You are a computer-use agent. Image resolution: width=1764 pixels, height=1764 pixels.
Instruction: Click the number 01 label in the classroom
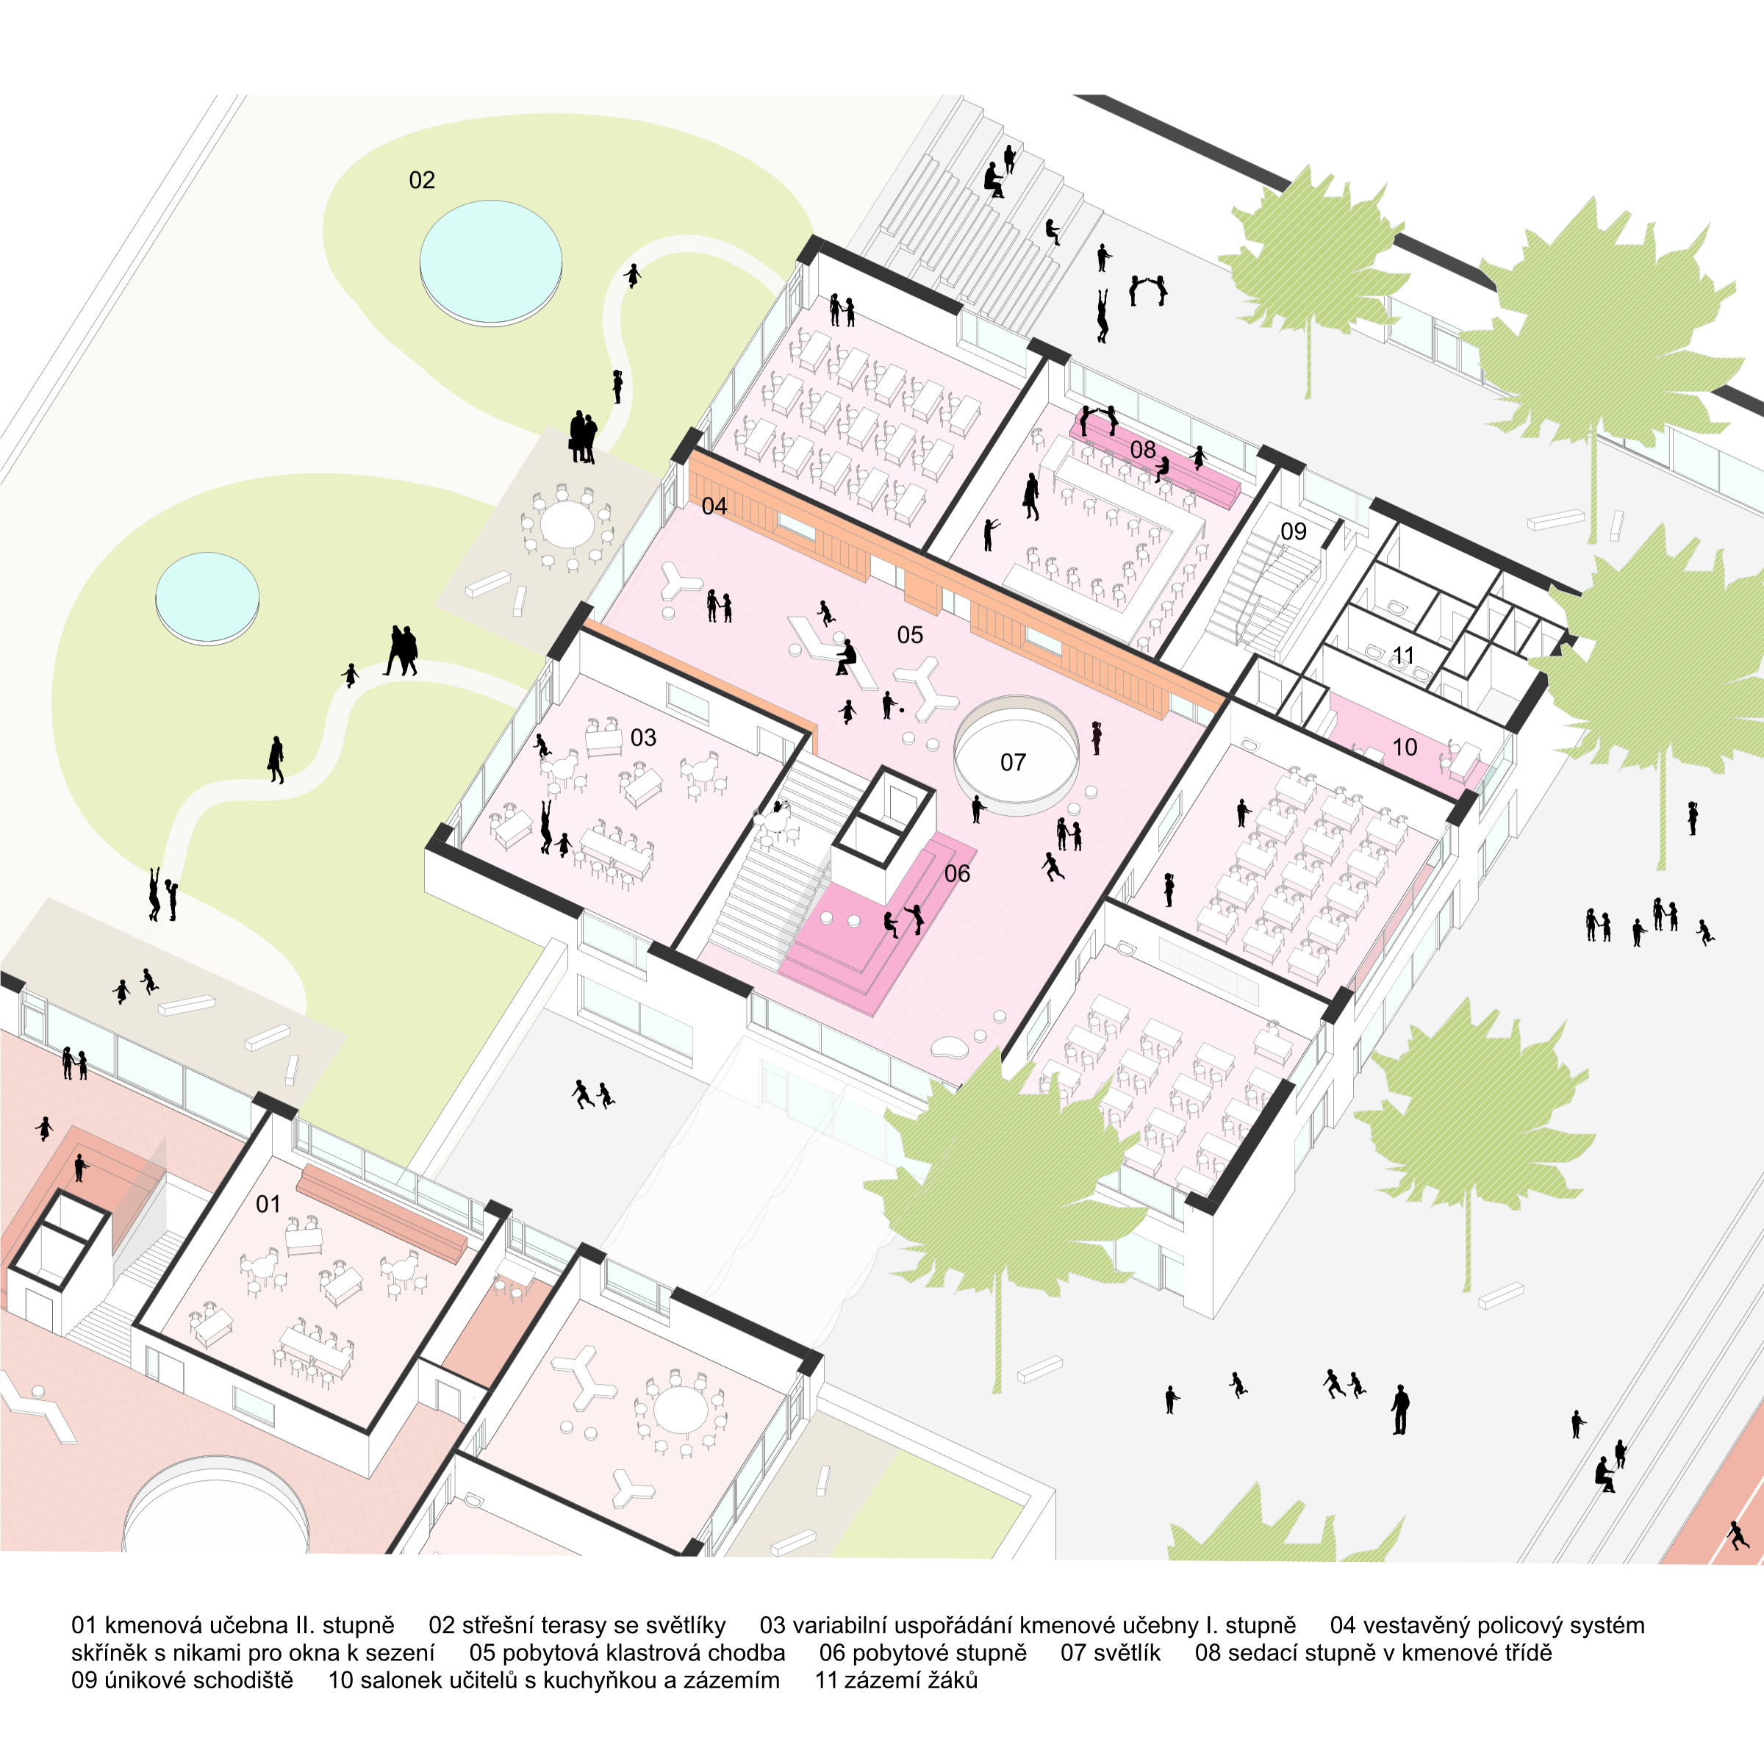click(268, 1205)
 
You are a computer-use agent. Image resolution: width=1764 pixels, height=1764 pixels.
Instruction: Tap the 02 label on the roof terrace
click(422, 180)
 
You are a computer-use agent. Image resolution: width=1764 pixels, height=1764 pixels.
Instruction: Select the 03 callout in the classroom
click(643, 738)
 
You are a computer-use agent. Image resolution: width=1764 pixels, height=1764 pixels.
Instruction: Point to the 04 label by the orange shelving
click(714, 506)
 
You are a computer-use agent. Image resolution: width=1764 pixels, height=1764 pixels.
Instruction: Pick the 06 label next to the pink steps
click(957, 874)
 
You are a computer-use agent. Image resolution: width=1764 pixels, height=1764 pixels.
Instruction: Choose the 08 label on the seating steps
click(1142, 449)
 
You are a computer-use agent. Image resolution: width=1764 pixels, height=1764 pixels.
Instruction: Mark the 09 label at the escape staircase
click(1293, 531)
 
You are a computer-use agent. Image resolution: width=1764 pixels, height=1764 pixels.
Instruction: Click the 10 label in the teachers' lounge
click(1405, 747)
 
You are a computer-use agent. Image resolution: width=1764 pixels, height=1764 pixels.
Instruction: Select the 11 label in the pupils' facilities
click(1402, 656)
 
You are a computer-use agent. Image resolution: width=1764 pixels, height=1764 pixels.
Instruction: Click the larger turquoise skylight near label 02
click(490, 259)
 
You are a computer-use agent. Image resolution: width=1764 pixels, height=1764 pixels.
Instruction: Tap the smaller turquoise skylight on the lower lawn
click(207, 595)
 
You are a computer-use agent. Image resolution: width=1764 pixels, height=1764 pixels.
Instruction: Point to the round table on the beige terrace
click(567, 525)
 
